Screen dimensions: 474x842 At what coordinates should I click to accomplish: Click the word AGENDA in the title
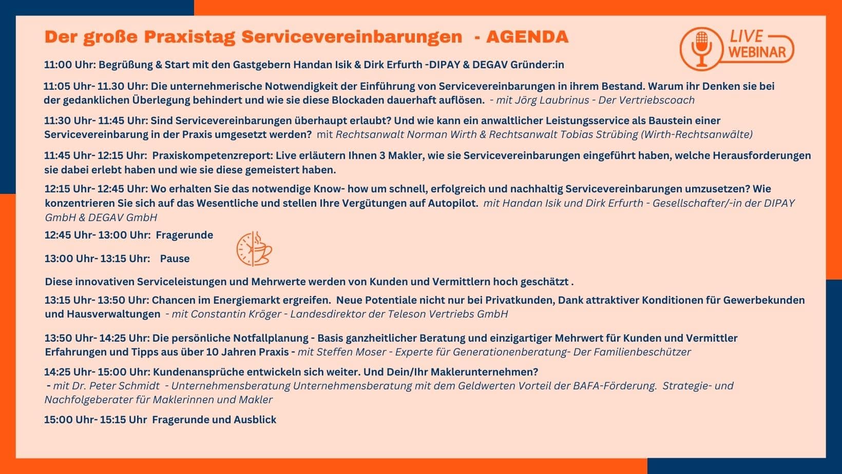(527, 37)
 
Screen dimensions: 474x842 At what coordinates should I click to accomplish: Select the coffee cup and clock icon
(254, 249)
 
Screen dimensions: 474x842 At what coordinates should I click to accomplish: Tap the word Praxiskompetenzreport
(212, 155)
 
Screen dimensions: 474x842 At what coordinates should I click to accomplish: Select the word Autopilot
(450, 203)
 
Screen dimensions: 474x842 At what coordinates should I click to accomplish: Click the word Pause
(175, 259)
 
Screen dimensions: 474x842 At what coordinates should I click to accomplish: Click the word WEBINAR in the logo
(757, 52)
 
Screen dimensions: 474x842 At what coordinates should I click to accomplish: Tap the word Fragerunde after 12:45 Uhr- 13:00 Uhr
(184, 235)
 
